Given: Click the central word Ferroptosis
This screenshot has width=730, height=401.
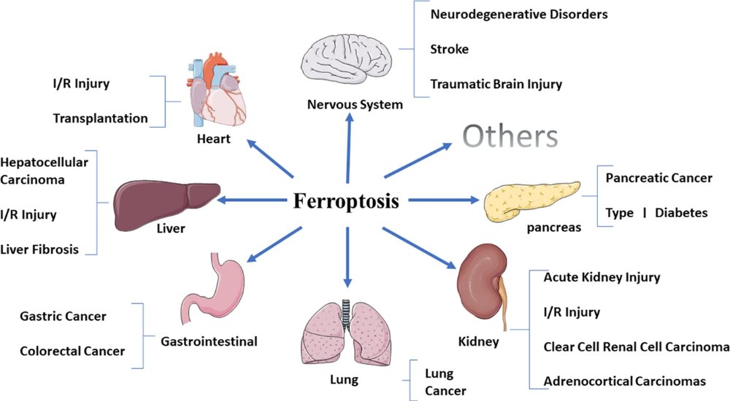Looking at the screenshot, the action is [x=346, y=200].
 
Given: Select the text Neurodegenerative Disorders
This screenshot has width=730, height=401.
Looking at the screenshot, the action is [x=519, y=14].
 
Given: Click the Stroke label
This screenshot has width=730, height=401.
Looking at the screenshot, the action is [x=449, y=50].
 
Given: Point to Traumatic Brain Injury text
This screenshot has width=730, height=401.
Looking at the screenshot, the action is [x=496, y=85].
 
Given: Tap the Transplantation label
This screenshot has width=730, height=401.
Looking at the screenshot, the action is [x=100, y=118].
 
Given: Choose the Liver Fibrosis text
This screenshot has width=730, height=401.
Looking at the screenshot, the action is [x=39, y=249].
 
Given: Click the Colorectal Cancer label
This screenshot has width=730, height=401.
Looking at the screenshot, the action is [x=72, y=351].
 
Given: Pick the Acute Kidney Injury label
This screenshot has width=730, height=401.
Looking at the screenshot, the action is [x=602, y=277].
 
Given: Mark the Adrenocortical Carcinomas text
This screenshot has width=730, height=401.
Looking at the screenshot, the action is [x=624, y=381].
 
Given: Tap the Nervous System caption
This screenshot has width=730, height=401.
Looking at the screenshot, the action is [x=355, y=104].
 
